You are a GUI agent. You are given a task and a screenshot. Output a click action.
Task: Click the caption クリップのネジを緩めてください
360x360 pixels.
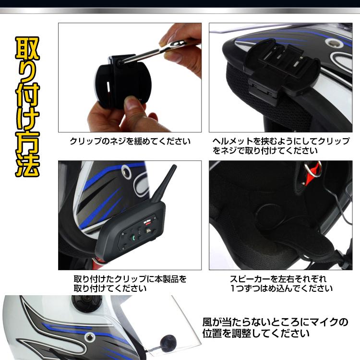point(130,141)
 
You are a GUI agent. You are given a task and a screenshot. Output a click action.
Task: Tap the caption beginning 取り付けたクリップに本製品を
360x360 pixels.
point(130,283)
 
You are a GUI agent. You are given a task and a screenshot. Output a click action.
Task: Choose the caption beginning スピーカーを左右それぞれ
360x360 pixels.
point(281,283)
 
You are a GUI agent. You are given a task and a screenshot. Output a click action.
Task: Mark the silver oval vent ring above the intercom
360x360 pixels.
point(126,171)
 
